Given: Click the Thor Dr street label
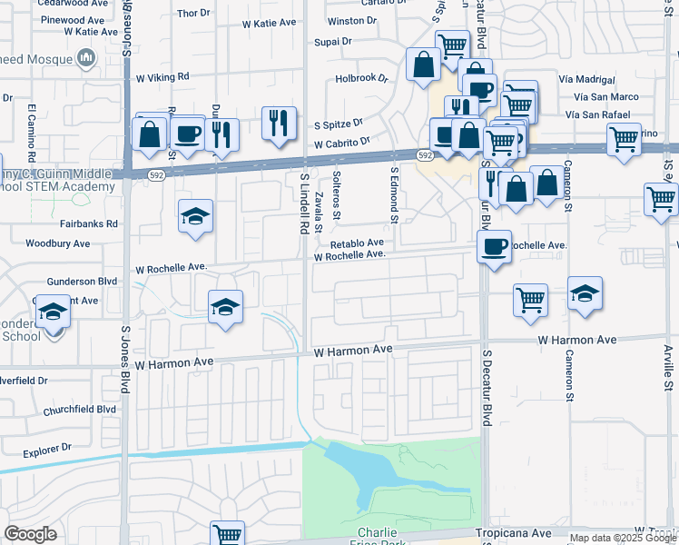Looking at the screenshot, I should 193,13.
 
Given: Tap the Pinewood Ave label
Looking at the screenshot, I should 80,18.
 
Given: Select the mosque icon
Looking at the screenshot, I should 87,59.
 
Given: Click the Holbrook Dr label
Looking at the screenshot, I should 360,78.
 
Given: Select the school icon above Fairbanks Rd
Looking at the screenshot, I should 195,216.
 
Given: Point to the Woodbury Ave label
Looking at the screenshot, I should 58,243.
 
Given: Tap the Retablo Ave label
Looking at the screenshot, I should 357,243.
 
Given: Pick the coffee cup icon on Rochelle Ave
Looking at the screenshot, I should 495,246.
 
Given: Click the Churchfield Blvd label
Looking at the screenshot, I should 80,410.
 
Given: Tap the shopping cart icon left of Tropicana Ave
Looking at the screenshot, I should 227,534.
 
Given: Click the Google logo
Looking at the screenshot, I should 30,534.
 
